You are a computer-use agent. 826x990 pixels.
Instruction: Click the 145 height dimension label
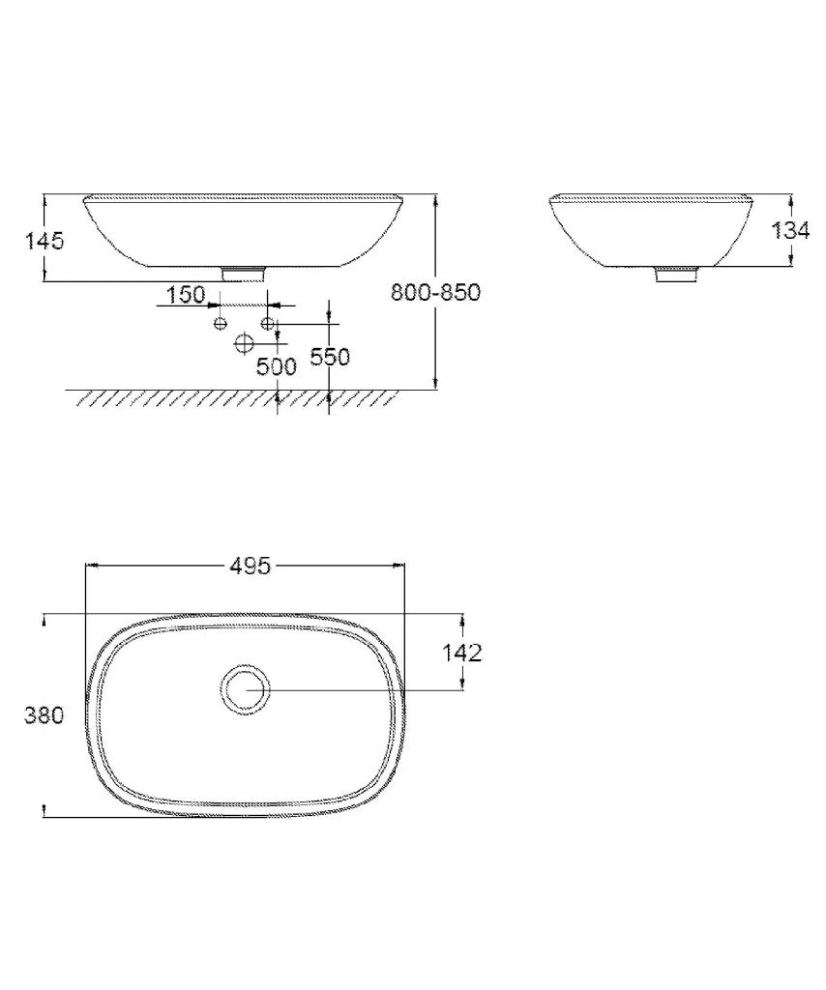[44, 241]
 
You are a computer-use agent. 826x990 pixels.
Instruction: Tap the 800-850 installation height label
[436, 292]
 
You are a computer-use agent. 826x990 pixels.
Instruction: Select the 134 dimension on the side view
[790, 230]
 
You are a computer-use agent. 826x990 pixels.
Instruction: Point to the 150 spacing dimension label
[186, 294]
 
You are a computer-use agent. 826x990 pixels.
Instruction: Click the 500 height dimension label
[276, 366]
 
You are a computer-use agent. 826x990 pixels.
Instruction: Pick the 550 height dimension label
[330, 357]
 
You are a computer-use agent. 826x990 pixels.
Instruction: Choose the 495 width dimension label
[250, 566]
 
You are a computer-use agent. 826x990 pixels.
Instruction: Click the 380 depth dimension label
[44, 715]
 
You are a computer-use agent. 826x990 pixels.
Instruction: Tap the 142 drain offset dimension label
[461, 653]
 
